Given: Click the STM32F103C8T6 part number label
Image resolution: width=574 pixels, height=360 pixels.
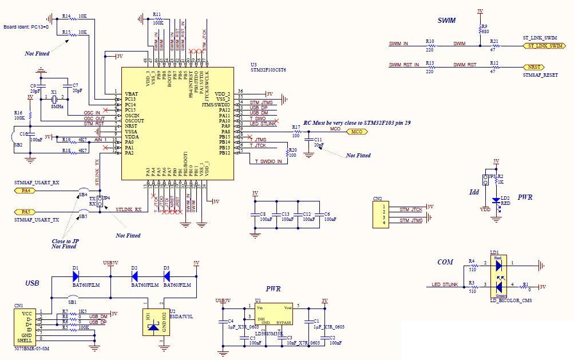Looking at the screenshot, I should coord(268,70).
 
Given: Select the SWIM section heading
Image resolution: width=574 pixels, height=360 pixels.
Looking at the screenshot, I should coord(446,21).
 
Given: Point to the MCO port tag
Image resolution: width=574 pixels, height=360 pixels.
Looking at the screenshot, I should coord(357,132).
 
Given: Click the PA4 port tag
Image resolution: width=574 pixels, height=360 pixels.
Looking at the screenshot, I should coord(26,190).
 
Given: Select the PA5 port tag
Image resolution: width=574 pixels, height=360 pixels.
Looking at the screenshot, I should coord(26,212).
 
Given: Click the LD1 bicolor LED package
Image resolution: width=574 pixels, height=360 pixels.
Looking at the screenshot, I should coord(498,275).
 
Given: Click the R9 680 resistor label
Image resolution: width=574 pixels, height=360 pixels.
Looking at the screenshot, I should coord(485,29).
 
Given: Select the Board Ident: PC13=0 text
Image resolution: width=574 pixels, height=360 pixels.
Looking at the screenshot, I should coord(26,26).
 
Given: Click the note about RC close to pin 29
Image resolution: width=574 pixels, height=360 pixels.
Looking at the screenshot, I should coord(357,122).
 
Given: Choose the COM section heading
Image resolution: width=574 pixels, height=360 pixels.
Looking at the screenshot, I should coord(445,262).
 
